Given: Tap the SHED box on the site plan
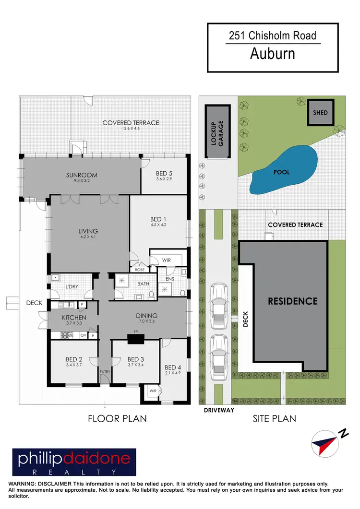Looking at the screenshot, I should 320,113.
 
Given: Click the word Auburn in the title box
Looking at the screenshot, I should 273,53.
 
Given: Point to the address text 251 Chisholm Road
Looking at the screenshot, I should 273,36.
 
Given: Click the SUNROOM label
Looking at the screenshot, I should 82,175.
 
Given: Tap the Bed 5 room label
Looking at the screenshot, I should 164,173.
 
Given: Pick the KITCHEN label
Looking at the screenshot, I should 74,318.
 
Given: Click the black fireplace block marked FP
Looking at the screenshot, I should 136,339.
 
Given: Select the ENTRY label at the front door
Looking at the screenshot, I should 105,372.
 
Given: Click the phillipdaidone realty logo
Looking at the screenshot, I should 74,462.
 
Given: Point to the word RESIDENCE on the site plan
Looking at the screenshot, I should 292,301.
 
